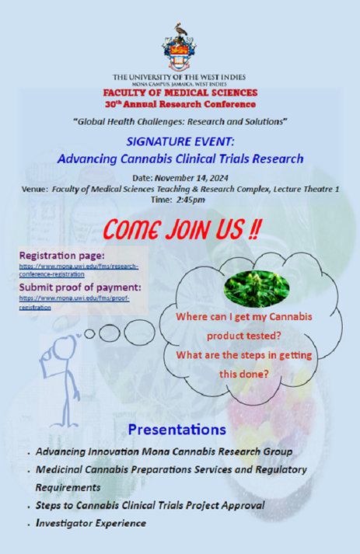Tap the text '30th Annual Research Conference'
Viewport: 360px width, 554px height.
tap(180, 103)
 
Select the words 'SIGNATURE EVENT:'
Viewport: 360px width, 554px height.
tap(180, 141)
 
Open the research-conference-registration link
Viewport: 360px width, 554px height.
tap(78, 270)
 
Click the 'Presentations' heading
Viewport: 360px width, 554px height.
tap(177, 429)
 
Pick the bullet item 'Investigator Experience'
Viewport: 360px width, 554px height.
tap(91, 523)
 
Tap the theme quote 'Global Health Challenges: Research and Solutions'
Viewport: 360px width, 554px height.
tap(180, 121)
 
